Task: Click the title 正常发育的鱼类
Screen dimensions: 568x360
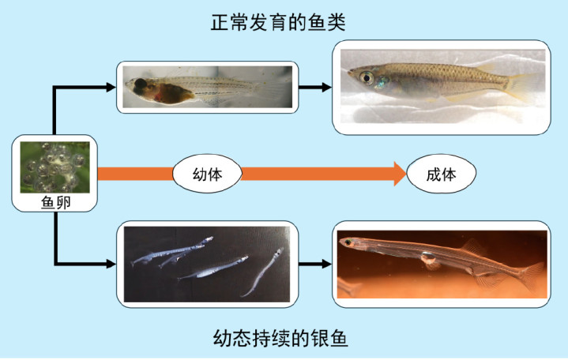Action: pos(278,22)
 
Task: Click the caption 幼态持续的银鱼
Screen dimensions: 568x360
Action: pos(280,339)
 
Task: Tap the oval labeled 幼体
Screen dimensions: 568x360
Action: pos(207,174)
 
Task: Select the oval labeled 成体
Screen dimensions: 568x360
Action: pos(442,174)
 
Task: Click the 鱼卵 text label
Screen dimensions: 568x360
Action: pos(55,202)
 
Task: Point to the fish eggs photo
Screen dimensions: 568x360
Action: pos(55,167)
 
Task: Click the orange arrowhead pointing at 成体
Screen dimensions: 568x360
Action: pos(401,174)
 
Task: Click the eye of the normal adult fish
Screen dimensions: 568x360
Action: pos(367,77)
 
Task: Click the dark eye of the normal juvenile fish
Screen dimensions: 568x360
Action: pos(140,84)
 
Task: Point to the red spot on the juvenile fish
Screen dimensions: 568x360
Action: pos(158,96)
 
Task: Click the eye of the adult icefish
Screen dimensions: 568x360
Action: pos(348,242)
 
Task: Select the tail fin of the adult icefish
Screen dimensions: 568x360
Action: pos(532,276)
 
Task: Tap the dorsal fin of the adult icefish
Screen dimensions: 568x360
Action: pos(472,246)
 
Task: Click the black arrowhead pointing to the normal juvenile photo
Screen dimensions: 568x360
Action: pos(111,88)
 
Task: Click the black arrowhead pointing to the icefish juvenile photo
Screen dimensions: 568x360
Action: pos(111,264)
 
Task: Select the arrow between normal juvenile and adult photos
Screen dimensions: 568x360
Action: pos(314,87)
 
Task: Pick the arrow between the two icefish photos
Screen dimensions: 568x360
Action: pos(314,264)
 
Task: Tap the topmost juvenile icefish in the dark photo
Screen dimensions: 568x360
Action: pos(171,251)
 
